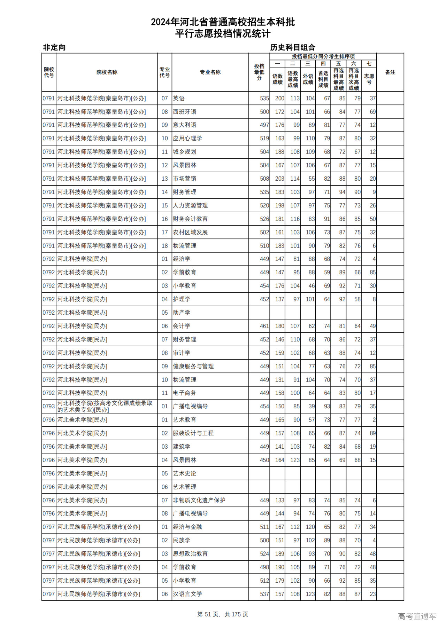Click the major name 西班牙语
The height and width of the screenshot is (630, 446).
point(185,112)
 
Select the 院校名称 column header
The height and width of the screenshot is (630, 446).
point(107,72)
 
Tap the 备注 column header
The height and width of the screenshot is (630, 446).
point(390,72)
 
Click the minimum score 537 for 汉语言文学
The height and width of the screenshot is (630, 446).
point(264,594)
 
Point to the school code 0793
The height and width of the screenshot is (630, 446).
point(49,406)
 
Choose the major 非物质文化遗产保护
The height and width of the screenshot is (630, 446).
point(199,500)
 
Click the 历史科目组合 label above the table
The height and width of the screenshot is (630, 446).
point(293,47)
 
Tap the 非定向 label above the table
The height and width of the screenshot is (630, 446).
point(54,47)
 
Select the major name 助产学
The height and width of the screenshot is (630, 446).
point(182,313)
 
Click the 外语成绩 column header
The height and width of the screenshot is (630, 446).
point(308,79)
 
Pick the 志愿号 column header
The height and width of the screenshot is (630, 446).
point(369,79)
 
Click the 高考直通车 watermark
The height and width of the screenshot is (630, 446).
point(417,616)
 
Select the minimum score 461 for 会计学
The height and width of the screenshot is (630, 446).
point(264,326)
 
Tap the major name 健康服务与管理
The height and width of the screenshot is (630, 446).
point(193,366)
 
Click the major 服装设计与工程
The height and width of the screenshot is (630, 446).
point(193,433)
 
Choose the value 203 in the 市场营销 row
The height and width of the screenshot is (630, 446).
point(279,179)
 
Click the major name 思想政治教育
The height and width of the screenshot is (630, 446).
point(190,554)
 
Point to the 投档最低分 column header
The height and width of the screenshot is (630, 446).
point(259,72)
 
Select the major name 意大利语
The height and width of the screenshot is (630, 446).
point(185,125)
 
